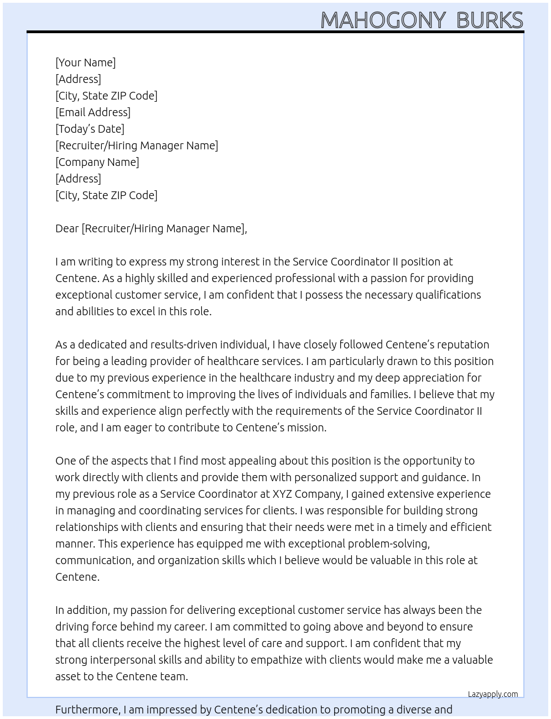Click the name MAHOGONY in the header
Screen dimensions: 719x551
(383, 20)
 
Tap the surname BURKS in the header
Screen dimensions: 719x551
(490, 20)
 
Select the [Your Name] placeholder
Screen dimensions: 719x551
(85, 62)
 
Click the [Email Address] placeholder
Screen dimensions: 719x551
(93, 112)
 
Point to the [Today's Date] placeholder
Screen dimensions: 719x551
(90, 129)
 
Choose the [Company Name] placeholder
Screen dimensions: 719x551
(97, 162)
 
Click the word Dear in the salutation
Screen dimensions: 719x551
(67, 228)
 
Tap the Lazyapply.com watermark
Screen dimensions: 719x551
(493, 694)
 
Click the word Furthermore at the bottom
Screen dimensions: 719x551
(87, 710)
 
